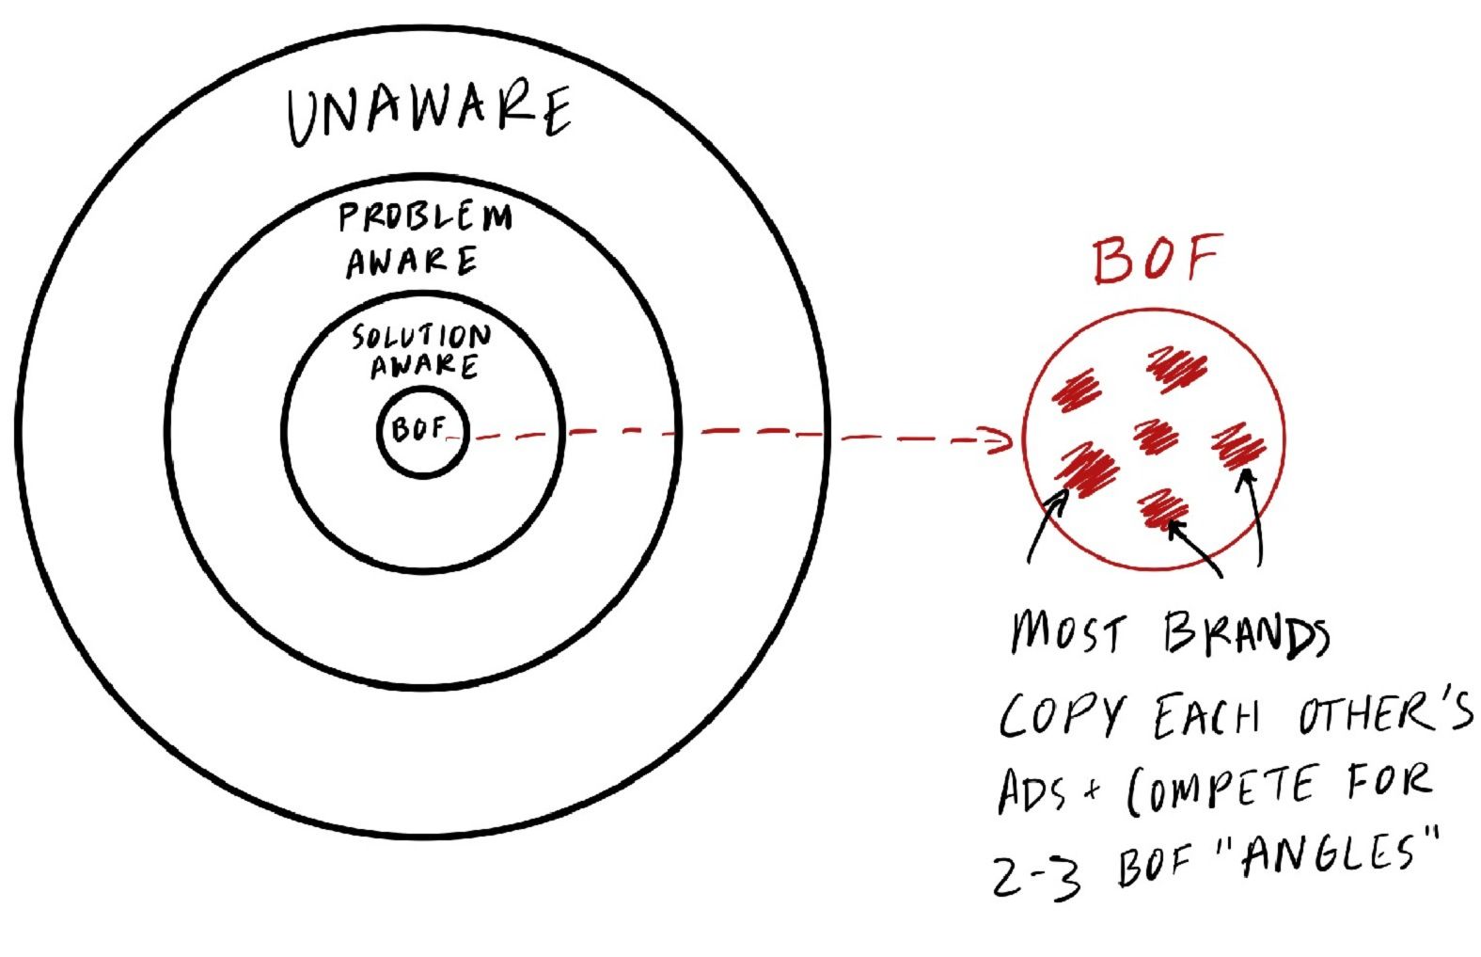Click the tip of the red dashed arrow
tap(1011, 440)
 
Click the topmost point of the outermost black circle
tap(423, 28)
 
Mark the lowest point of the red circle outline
tap(1154, 569)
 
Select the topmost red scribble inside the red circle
tap(1177, 368)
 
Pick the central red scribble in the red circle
tap(1156, 436)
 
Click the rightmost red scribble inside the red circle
tap(1239, 446)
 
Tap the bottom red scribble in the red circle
tap(1163, 508)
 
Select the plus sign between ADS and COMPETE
tap(1094, 789)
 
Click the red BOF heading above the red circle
tap(1157, 259)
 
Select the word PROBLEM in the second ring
tap(425, 216)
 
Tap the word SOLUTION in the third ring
tap(421, 336)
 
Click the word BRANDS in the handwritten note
tap(1247, 633)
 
